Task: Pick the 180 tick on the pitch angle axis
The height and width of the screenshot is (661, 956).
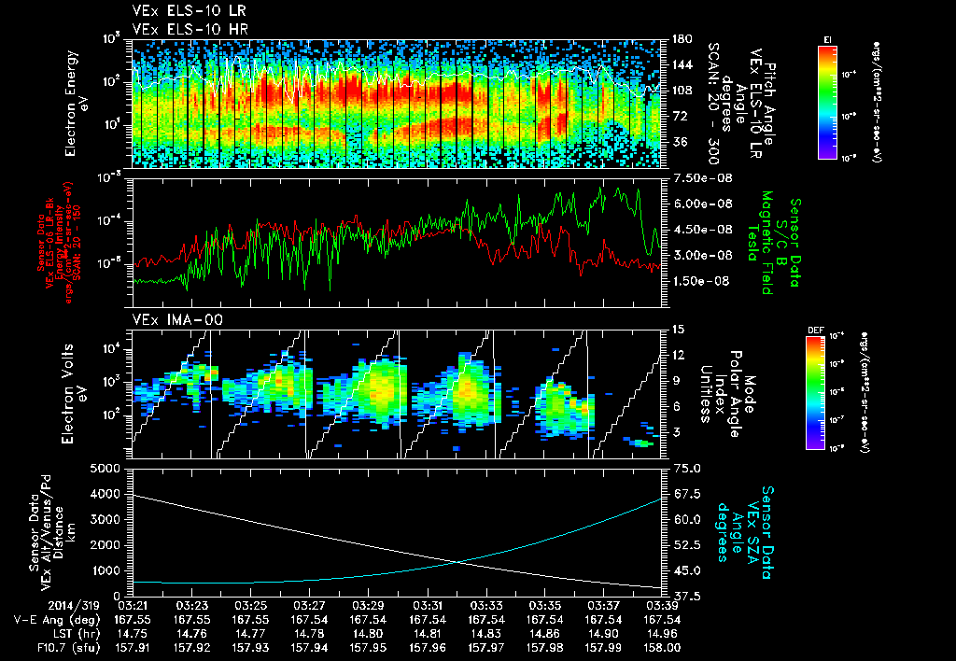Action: [681, 39]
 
